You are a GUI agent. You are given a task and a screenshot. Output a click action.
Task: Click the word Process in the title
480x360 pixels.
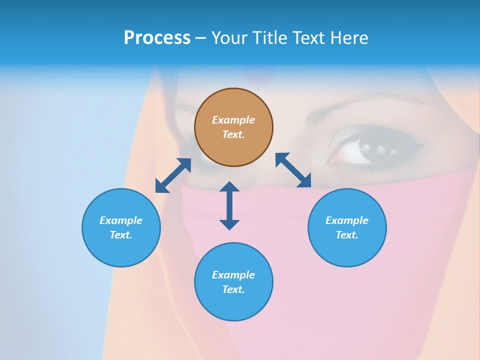point(157,38)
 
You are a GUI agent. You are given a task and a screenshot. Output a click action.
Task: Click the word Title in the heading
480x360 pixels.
point(270,38)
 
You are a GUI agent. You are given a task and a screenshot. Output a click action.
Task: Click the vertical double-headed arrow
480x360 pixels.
point(229,205)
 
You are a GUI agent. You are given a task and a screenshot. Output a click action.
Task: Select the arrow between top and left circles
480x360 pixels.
point(173,175)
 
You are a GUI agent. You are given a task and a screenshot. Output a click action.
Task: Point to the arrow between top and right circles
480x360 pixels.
point(293,170)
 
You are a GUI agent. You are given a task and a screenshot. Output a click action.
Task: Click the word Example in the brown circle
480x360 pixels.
point(233,120)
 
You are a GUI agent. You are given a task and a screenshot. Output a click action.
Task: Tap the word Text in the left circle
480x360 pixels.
point(121,235)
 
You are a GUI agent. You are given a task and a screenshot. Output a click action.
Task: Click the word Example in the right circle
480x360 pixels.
point(347,220)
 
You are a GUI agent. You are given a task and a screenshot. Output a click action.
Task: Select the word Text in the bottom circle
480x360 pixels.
point(233,289)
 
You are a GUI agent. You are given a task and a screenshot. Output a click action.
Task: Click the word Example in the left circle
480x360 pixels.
point(121,220)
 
